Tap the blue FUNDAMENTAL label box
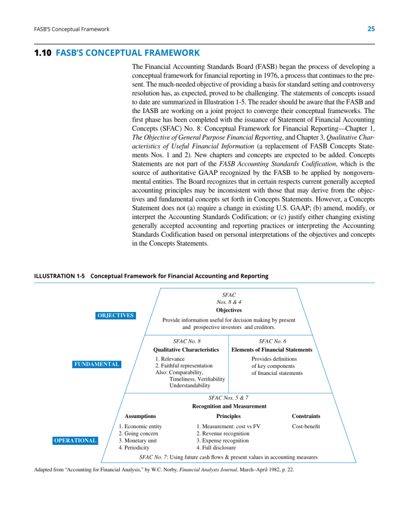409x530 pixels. point(96,364)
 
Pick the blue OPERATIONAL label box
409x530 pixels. point(75,440)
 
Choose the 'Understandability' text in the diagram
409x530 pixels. point(190,386)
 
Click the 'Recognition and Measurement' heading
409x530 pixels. point(229,406)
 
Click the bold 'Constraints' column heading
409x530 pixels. point(306,416)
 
